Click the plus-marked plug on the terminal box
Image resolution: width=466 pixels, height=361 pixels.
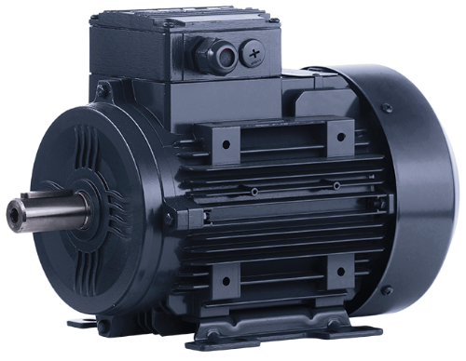click(x=254, y=53)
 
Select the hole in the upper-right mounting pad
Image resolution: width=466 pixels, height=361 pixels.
click(x=338, y=141)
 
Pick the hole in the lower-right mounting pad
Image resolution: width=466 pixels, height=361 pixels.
click(x=339, y=272)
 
